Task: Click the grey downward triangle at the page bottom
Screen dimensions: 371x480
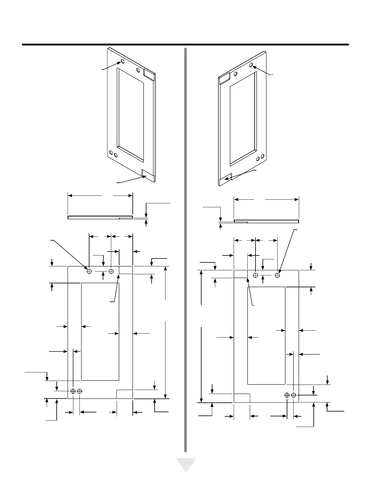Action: pyautogui.click(x=186, y=464)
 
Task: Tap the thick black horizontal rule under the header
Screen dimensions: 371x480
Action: pyautogui.click(x=185, y=45)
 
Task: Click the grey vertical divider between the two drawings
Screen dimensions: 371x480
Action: pyautogui.click(x=185, y=248)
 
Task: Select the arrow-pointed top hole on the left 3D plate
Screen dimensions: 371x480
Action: pyautogui.click(x=122, y=62)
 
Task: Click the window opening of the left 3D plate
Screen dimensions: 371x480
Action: pyautogui.click(x=130, y=114)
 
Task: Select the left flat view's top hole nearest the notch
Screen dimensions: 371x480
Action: pyautogui.click(x=111, y=271)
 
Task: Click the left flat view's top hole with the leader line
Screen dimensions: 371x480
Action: pyautogui.click(x=89, y=271)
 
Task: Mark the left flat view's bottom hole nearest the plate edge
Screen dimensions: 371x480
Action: pyautogui.click(x=73, y=391)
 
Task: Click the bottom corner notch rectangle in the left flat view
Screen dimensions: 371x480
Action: pyautogui.click(x=125, y=394)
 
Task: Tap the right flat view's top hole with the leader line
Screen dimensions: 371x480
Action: pyautogui.click(x=277, y=275)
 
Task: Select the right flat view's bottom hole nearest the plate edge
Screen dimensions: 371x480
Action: pyautogui.click(x=293, y=395)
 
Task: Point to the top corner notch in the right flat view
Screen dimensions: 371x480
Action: pyautogui.click(x=241, y=274)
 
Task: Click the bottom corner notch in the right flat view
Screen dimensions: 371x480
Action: pyautogui.click(x=242, y=398)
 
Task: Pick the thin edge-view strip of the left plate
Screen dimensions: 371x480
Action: pyautogui.click(x=100, y=217)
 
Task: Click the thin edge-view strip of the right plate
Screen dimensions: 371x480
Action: pyautogui.click(x=266, y=221)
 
